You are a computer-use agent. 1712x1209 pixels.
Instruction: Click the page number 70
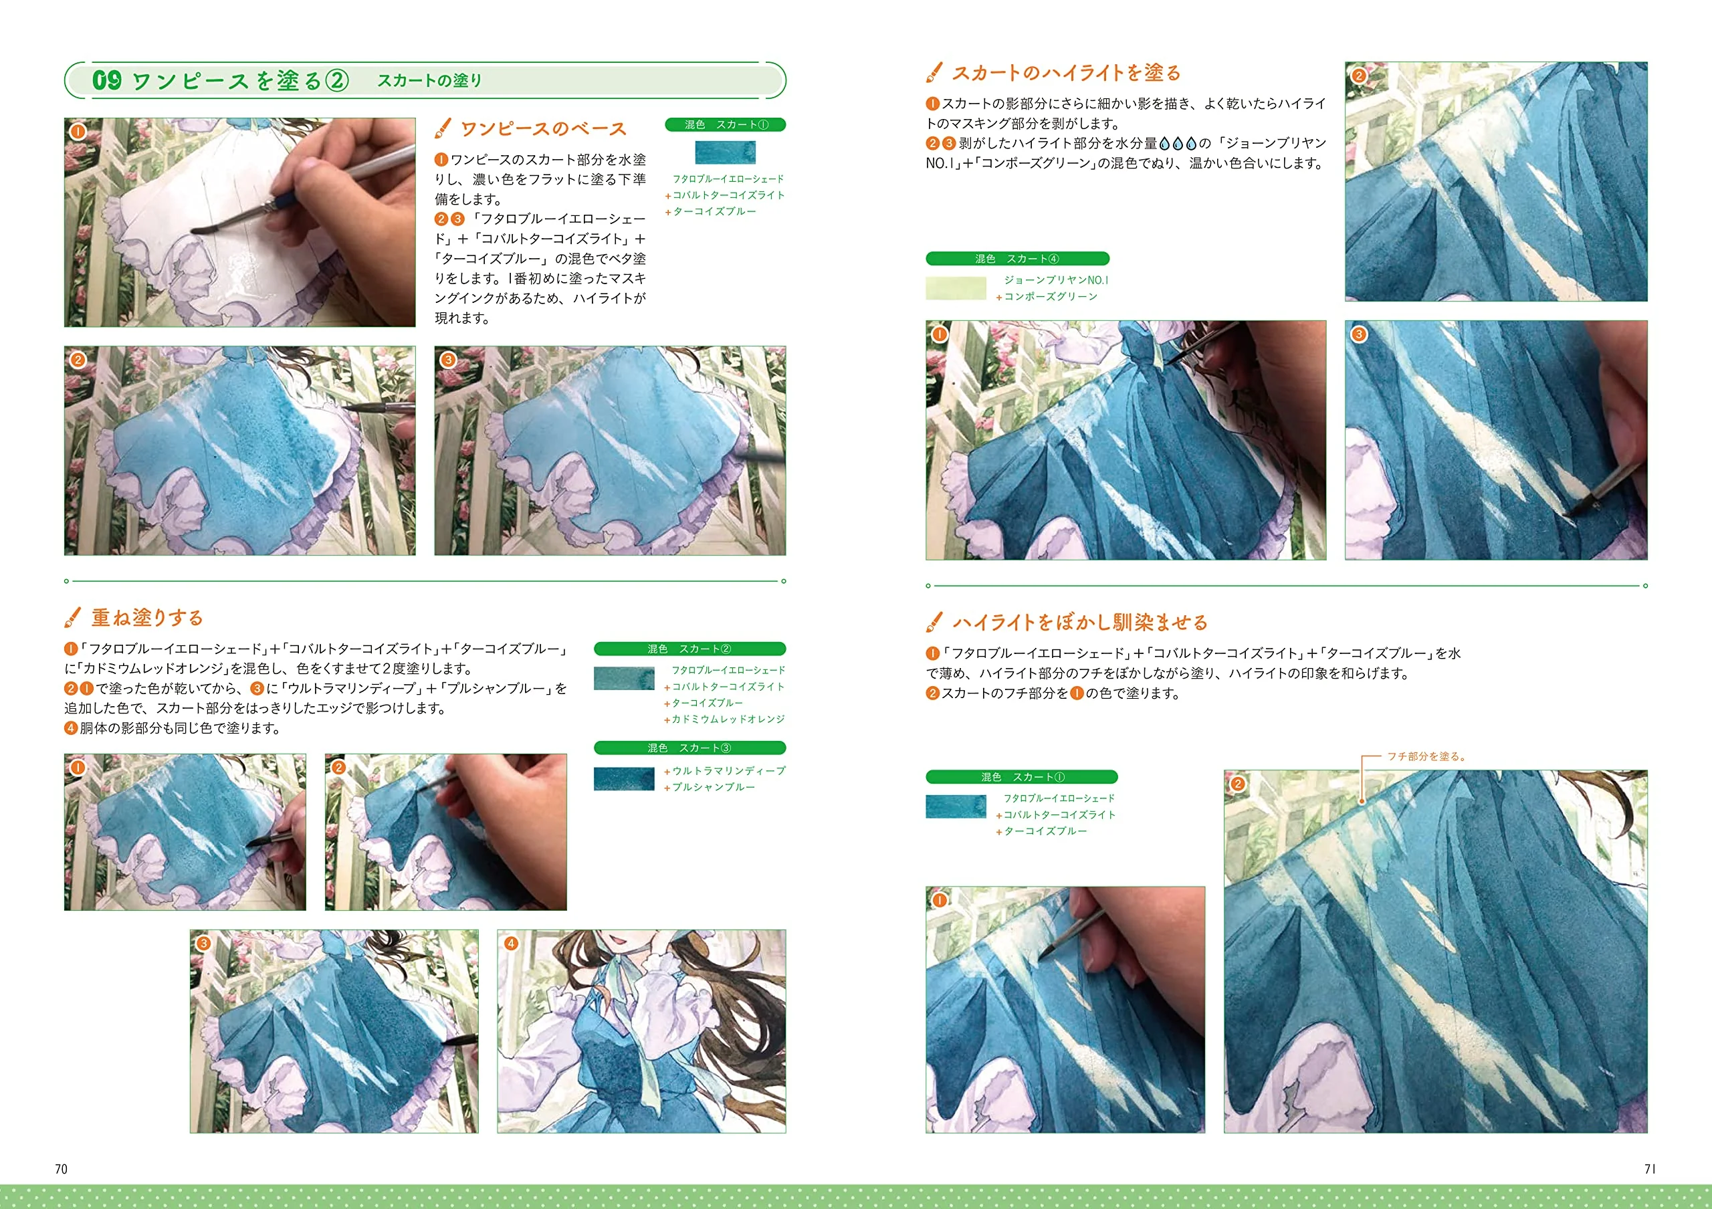pyautogui.click(x=61, y=1169)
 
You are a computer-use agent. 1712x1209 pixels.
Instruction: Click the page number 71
pyautogui.click(x=1649, y=1169)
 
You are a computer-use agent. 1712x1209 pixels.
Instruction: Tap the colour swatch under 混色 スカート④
pyautogui.click(x=956, y=288)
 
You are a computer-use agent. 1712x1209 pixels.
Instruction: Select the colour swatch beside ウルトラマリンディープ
pyautogui.click(x=624, y=778)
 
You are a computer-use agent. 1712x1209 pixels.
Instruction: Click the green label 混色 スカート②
pyautogui.click(x=689, y=649)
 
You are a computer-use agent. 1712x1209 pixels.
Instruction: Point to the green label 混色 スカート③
pyautogui.click(x=689, y=748)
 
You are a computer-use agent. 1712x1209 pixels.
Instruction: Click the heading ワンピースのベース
pyautogui.click(x=544, y=129)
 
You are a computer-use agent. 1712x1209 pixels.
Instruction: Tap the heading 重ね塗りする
pyautogui.click(x=148, y=618)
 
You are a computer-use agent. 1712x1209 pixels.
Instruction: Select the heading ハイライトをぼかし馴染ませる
pyautogui.click(x=1079, y=623)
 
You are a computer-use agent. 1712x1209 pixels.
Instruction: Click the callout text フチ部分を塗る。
pyautogui.click(x=1426, y=756)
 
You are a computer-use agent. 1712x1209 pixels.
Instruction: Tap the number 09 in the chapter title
pyautogui.click(x=106, y=80)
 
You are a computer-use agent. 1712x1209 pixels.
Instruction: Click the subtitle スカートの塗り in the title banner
pyautogui.click(x=429, y=80)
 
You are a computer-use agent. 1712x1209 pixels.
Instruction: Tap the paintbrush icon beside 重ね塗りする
pyautogui.click(x=73, y=617)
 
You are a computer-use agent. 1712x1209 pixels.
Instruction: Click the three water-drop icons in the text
pyautogui.click(x=1178, y=143)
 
